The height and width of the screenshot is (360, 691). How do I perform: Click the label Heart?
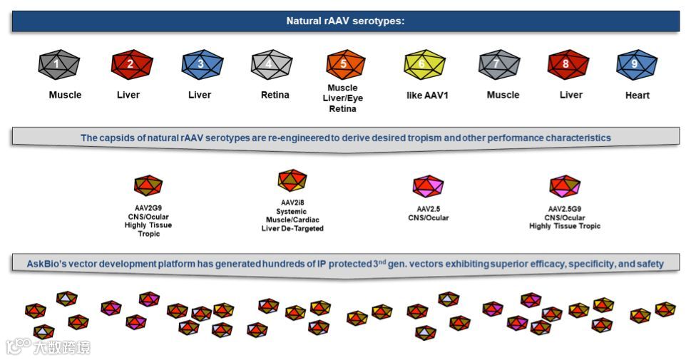tap(637, 96)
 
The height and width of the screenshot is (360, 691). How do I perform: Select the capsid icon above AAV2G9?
tap(148, 186)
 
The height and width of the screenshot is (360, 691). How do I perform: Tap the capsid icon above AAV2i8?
tap(292, 180)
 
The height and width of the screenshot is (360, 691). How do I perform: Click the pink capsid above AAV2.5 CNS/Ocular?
tap(428, 187)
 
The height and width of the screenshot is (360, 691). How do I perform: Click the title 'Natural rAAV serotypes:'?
tap(345, 21)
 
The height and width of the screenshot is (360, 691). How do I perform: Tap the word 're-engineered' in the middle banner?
tap(292, 138)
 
